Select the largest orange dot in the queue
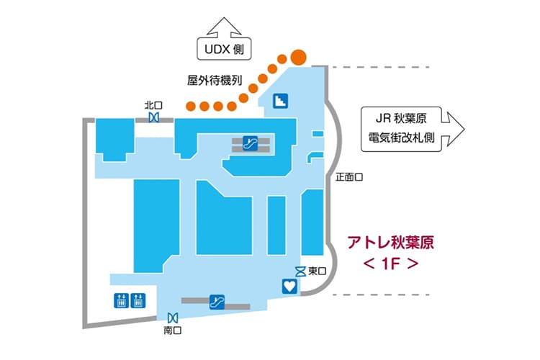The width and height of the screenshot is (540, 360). [299, 55]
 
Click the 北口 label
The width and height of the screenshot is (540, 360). [153, 104]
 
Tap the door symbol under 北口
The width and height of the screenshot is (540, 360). [153, 116]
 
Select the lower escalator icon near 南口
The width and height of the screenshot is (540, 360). [215, 301]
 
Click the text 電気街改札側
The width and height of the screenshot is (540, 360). [397, 138]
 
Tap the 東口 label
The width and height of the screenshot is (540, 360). [317, 271]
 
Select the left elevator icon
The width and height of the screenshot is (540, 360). [119, 300]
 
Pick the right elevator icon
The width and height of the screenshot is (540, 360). [139, 300]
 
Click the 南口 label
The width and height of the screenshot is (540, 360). [172, 330]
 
